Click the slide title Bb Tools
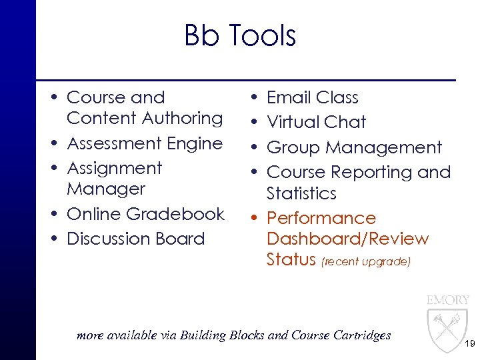pos(240,35)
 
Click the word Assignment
pos(115,168)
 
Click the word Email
pos(289,97)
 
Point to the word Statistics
pos(301,193)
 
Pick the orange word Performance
pos(321,218)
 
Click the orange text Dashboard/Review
pos(347,239)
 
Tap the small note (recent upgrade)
pos(366,262)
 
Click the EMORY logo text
pos(448,300)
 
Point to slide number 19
pos(469,345)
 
